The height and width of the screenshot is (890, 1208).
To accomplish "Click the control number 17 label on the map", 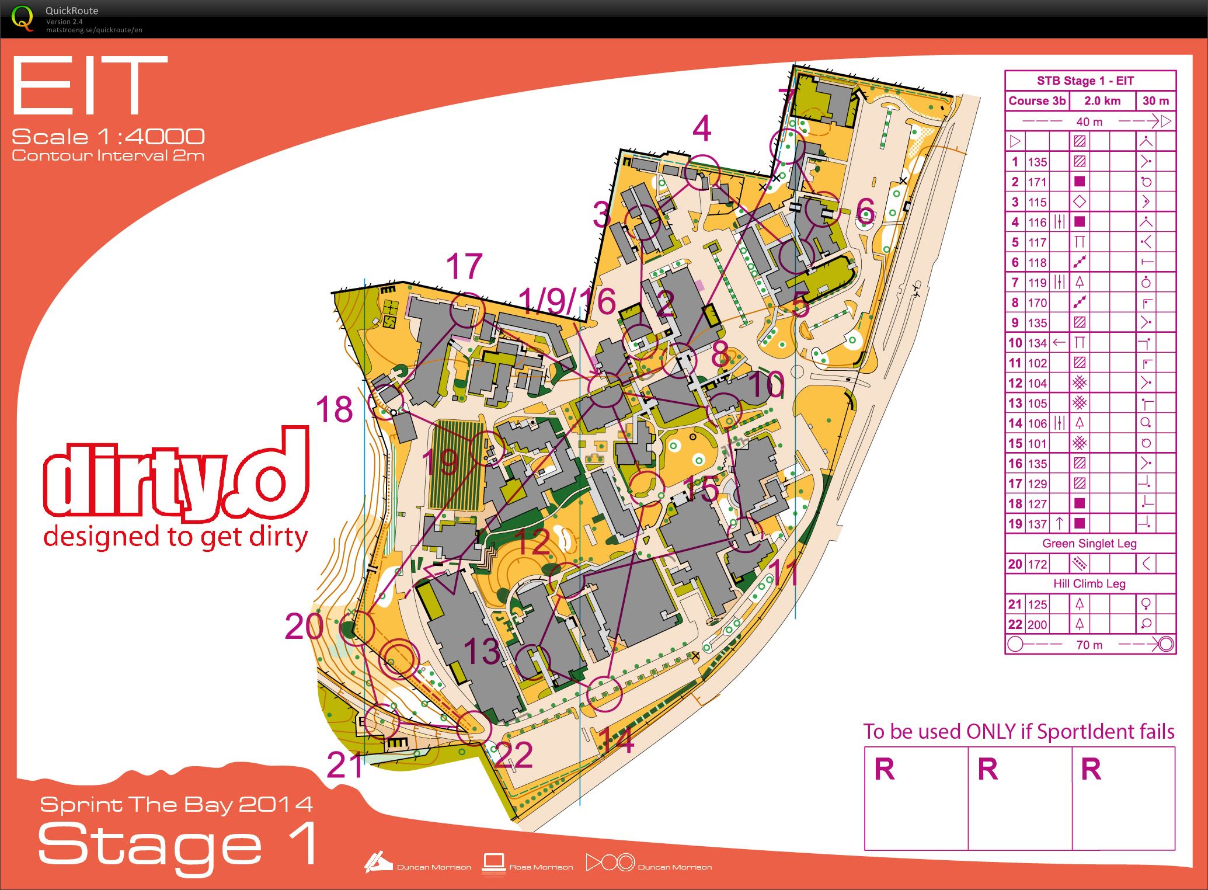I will (464, 266).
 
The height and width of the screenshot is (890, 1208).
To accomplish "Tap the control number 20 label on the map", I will (304, 627).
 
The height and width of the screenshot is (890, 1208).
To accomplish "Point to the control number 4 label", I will (702, 129).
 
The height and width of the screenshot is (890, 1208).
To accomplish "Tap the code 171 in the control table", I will (1037, 182).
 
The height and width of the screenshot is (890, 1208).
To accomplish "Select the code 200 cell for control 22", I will (1037, 624).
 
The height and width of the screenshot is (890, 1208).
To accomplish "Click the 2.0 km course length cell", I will (1102, 100).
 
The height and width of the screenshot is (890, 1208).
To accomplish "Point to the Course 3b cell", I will (1037, 100).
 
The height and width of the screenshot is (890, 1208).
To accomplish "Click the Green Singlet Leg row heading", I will (1089, 544).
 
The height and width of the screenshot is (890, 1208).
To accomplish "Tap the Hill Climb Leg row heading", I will (1089, 583).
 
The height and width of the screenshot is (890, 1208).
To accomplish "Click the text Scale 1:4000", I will (108, 137).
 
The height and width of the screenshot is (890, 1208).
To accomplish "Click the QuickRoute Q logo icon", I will (22, 18).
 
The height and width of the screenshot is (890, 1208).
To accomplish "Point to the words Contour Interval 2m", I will (108, 155).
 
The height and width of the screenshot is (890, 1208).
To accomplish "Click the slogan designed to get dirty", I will (175, 537).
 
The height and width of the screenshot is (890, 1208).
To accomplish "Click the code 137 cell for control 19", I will (1037, 524).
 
